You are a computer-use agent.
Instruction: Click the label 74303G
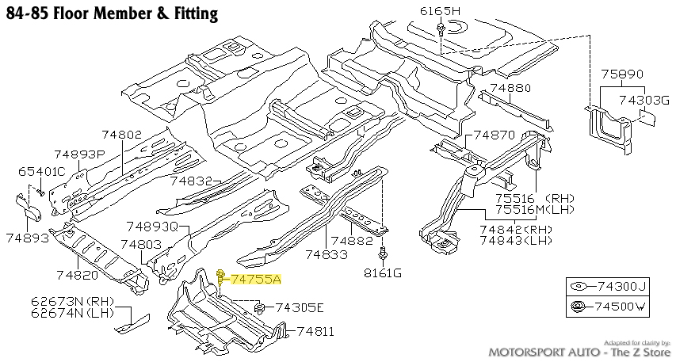(x=644, y=100)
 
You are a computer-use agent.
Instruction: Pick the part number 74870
(x=495, y=135)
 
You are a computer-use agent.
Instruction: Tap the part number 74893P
(x=80, y=154)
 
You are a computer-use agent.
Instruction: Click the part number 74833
(x=326, y=254)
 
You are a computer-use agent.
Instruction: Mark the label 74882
(x=352, y=240)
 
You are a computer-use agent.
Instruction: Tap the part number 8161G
(x=383, y=273)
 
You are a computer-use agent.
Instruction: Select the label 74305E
(x=298, y=307)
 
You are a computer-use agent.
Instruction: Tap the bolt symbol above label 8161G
(x=383, y=254)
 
